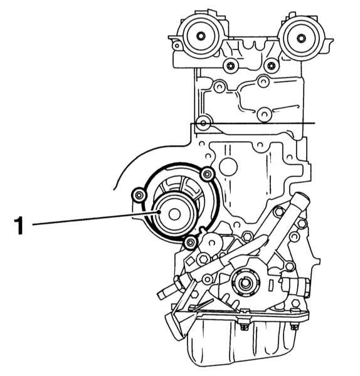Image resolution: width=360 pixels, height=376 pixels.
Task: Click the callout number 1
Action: (x=18, y=225)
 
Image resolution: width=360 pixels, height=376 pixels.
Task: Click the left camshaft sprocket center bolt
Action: (x=201, y=36)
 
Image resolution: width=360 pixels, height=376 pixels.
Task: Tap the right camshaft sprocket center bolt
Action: (x=301, y=38)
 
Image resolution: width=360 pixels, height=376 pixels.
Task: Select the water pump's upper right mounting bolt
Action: (x=208, y=174)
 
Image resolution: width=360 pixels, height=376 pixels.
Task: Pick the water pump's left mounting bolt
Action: (x=139, y=195)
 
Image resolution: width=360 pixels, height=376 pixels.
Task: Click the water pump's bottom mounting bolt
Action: (x=191, y=243)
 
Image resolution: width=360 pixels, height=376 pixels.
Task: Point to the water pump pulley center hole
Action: (x=174, y=214)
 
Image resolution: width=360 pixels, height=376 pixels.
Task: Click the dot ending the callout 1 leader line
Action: (x=159, y=212)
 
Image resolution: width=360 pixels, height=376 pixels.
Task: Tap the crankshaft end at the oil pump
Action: (x=245, y=283)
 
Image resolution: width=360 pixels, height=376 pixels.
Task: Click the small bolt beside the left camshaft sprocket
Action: (x=177, y=45)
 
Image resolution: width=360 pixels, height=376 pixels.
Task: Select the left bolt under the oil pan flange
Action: (x=245, y=326)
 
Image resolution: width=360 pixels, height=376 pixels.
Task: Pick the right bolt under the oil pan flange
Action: (x=294, y=326)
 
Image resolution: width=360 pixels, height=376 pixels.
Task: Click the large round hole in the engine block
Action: (x=228, y=167)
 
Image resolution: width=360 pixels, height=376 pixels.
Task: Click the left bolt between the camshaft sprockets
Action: (x=230, y=65)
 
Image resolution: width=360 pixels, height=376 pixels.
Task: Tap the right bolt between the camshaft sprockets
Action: (x=272, y=65)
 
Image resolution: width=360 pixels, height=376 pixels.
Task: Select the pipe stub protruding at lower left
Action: (x=166, y=291)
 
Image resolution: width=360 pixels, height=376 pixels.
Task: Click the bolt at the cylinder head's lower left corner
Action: (x=204, y=123)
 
